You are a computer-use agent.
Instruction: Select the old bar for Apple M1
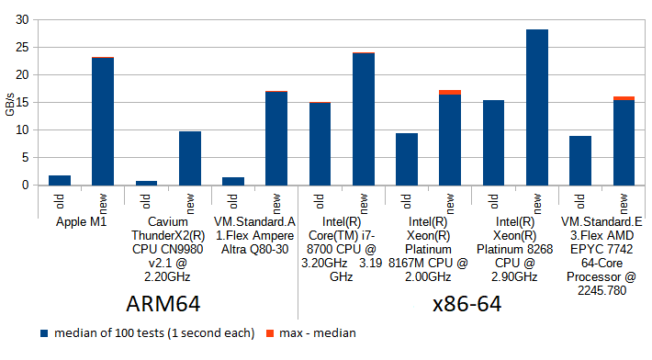(60, 180)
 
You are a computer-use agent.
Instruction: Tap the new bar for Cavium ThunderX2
(189, 158)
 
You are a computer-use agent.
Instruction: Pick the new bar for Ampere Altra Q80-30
(276, 138)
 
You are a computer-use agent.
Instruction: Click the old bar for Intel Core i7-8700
(320, 143)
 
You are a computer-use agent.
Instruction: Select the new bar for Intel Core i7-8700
(363, 118)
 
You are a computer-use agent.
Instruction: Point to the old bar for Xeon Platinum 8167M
(407, 159)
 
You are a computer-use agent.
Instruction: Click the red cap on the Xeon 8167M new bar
(450, 92)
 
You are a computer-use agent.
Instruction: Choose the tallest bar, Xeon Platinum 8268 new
(536, 107)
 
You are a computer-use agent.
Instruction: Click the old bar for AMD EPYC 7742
(579, 161)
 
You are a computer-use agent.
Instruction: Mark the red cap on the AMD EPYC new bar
(624, 98)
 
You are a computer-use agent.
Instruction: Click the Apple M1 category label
(82, 221)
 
